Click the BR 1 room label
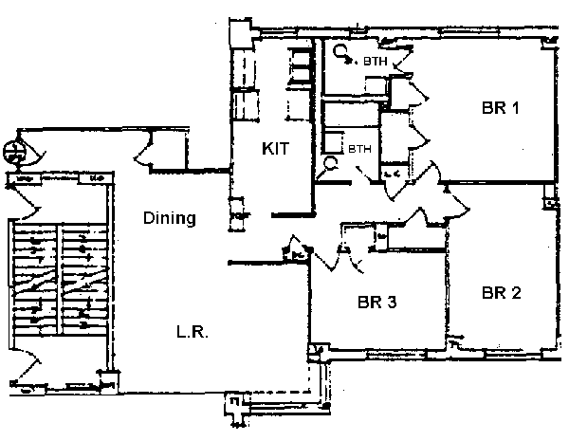click(499, 108)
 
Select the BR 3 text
click(376, 303)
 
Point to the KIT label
click(275, 149)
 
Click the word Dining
click(169, 218)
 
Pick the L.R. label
click(192, 333)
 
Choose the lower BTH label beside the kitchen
click(358, 149)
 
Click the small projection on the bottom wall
click(233, 410)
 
